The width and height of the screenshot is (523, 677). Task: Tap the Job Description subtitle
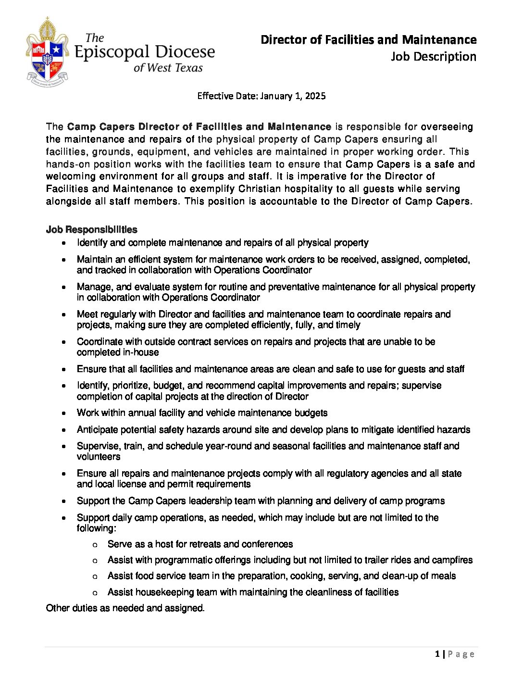tap(433, 57)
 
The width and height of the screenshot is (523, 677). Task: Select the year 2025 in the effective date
tap(315, 96)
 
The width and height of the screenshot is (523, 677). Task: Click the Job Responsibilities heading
tap(91, 229)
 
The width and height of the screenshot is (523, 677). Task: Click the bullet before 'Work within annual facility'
tap(64, 414)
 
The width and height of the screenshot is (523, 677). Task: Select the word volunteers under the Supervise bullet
tap(99, 457)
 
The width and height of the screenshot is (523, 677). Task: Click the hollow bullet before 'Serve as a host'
tap(95, 545)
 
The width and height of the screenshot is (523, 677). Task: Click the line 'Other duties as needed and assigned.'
tap(125, 608)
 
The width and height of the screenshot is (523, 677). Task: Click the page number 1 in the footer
tap(437, 654)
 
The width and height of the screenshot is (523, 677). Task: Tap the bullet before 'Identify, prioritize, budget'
tap(64, 386)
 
